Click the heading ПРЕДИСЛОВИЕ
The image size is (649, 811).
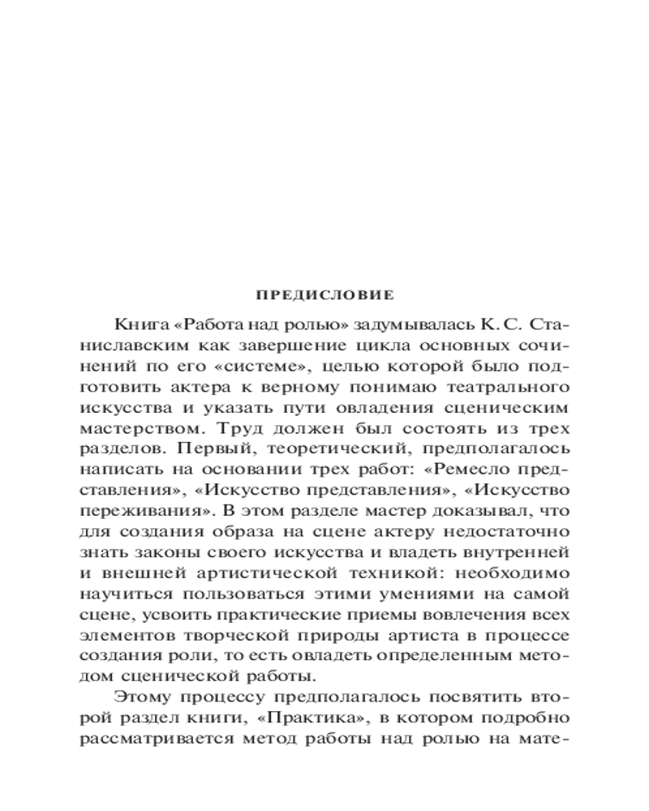click(324, 294)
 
